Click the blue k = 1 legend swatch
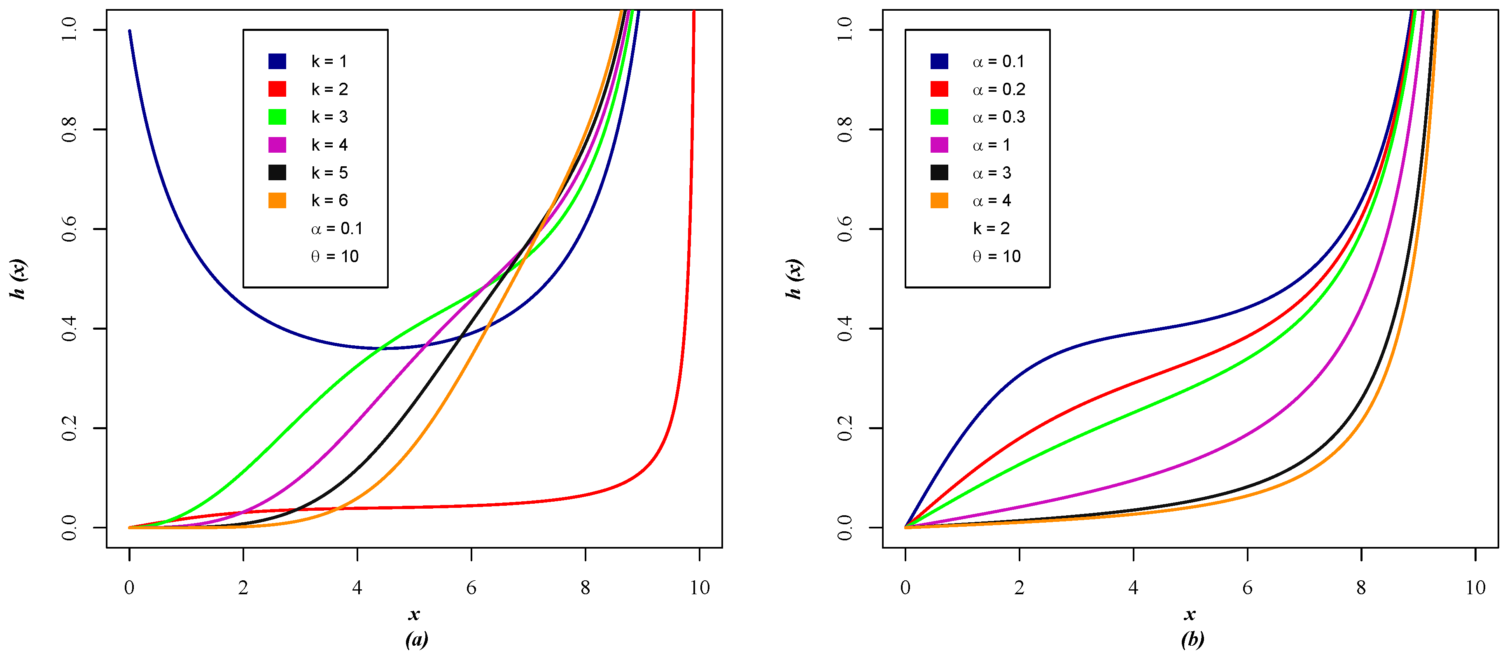[x=277, y=61]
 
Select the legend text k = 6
[x=329, y=200]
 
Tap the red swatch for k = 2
[x=277, y=89]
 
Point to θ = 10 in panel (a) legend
[x=334, y=256]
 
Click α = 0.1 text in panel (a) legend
[x=336, y=228]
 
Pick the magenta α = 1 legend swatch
[x=939, y=145]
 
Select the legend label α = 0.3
[x=999, y=117]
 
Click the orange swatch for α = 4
[x=939, y=200]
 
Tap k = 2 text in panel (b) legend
[x=991, y=228]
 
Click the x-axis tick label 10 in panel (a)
[x=699, y=588]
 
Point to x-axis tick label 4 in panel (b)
[x=1133, y=588]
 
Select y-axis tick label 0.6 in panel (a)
[x=69, y=229]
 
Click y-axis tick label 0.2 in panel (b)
[x=845, y=428]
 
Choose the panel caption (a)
[x=416, y=639]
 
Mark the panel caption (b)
[x=1192, y=639]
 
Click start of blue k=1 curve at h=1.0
[x=130, y=32]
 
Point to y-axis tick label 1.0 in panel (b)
[x=845, y=29]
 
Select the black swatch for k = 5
[x=277, y=172]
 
